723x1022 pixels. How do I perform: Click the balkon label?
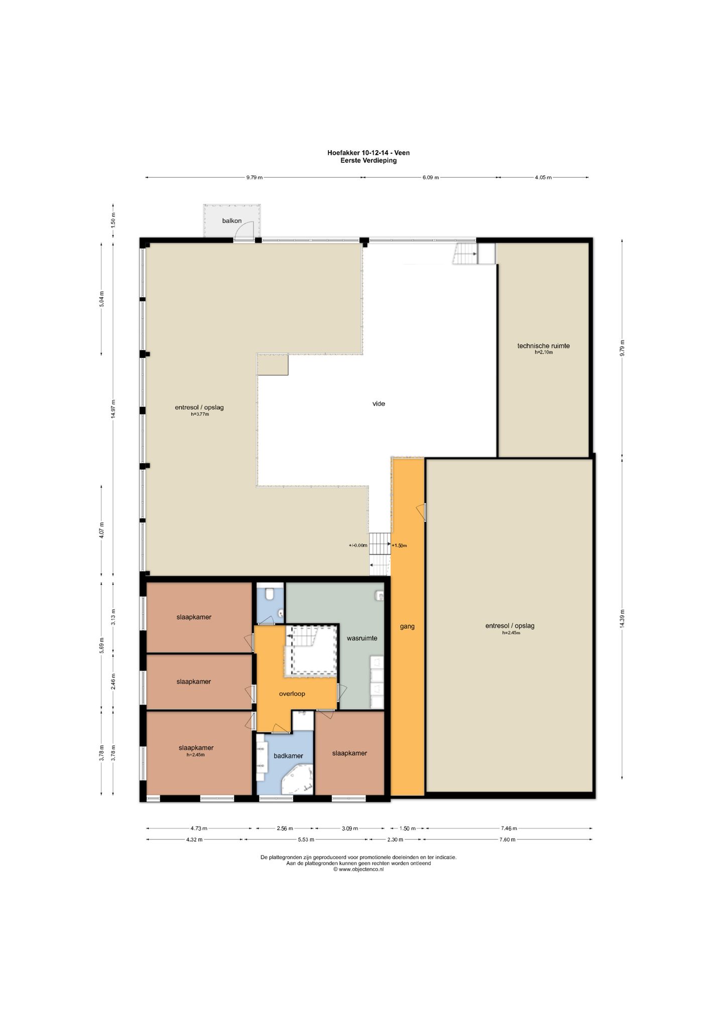(x=232, y=221)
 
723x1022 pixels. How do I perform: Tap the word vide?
(x=379, y=404)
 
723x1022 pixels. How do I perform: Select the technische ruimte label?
(x=543, y=346)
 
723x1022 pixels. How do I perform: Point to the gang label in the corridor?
(x=407, y=626)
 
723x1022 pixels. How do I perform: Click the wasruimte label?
(x=362, y=638)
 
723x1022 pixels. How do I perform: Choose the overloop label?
(x=292, y=694)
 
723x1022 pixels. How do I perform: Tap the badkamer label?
(x=288, y=756)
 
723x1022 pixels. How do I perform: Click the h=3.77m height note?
(x=199, y=414)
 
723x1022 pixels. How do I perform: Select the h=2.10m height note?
(x=543, y=353)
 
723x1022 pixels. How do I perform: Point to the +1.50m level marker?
(x=399, y=545)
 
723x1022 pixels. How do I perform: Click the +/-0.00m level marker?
(x=358, y=545)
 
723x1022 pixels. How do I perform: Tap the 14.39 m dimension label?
(x=622, y=618)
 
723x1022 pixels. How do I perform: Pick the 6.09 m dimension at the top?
(x=431, y=177)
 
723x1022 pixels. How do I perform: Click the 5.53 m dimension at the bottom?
(x=306, y=839)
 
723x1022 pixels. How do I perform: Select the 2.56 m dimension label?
(x=284, y=828)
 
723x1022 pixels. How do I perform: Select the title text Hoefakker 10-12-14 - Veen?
(x=369, y=153)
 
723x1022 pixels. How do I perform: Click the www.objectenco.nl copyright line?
(x=358, y=869)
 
